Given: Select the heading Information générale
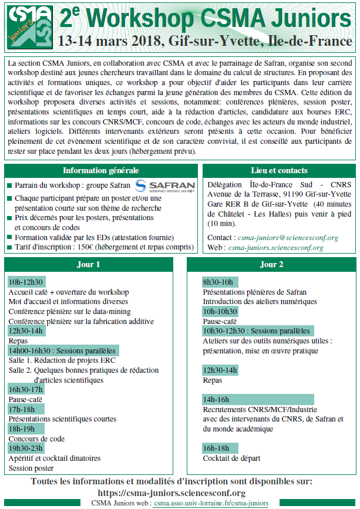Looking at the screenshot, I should pos(100,171).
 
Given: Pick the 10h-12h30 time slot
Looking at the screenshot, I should pos(26,282).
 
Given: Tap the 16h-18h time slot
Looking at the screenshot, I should pos(216,448).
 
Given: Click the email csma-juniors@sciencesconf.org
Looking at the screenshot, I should pos(287,238).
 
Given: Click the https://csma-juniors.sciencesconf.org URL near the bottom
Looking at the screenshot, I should pos(171,493).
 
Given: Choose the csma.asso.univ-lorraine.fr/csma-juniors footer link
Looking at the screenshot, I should pos(211,504).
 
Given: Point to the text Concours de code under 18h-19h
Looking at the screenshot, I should pos(36,439).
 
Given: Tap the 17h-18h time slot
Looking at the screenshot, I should pos(22,409).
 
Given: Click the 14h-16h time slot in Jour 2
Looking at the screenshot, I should pos(216,399).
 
